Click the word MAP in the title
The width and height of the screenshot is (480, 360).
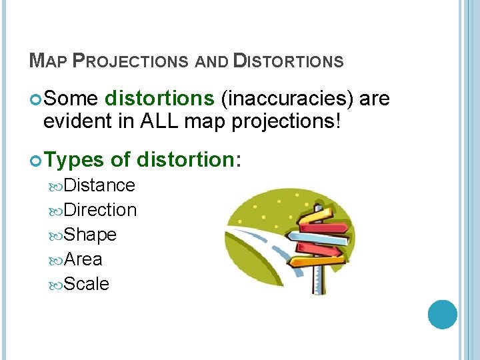(47, 62)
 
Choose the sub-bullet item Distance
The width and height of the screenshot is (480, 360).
(99, 185)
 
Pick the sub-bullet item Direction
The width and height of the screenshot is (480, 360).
(101, 209)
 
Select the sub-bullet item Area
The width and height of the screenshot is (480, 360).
(83, 259)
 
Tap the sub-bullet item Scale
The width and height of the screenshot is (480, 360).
(87, 283)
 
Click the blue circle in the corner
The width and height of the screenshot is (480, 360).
(442, 315)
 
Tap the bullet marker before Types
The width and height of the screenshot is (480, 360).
(36, 160)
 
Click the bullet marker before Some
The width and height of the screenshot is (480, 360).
(36, 99)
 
